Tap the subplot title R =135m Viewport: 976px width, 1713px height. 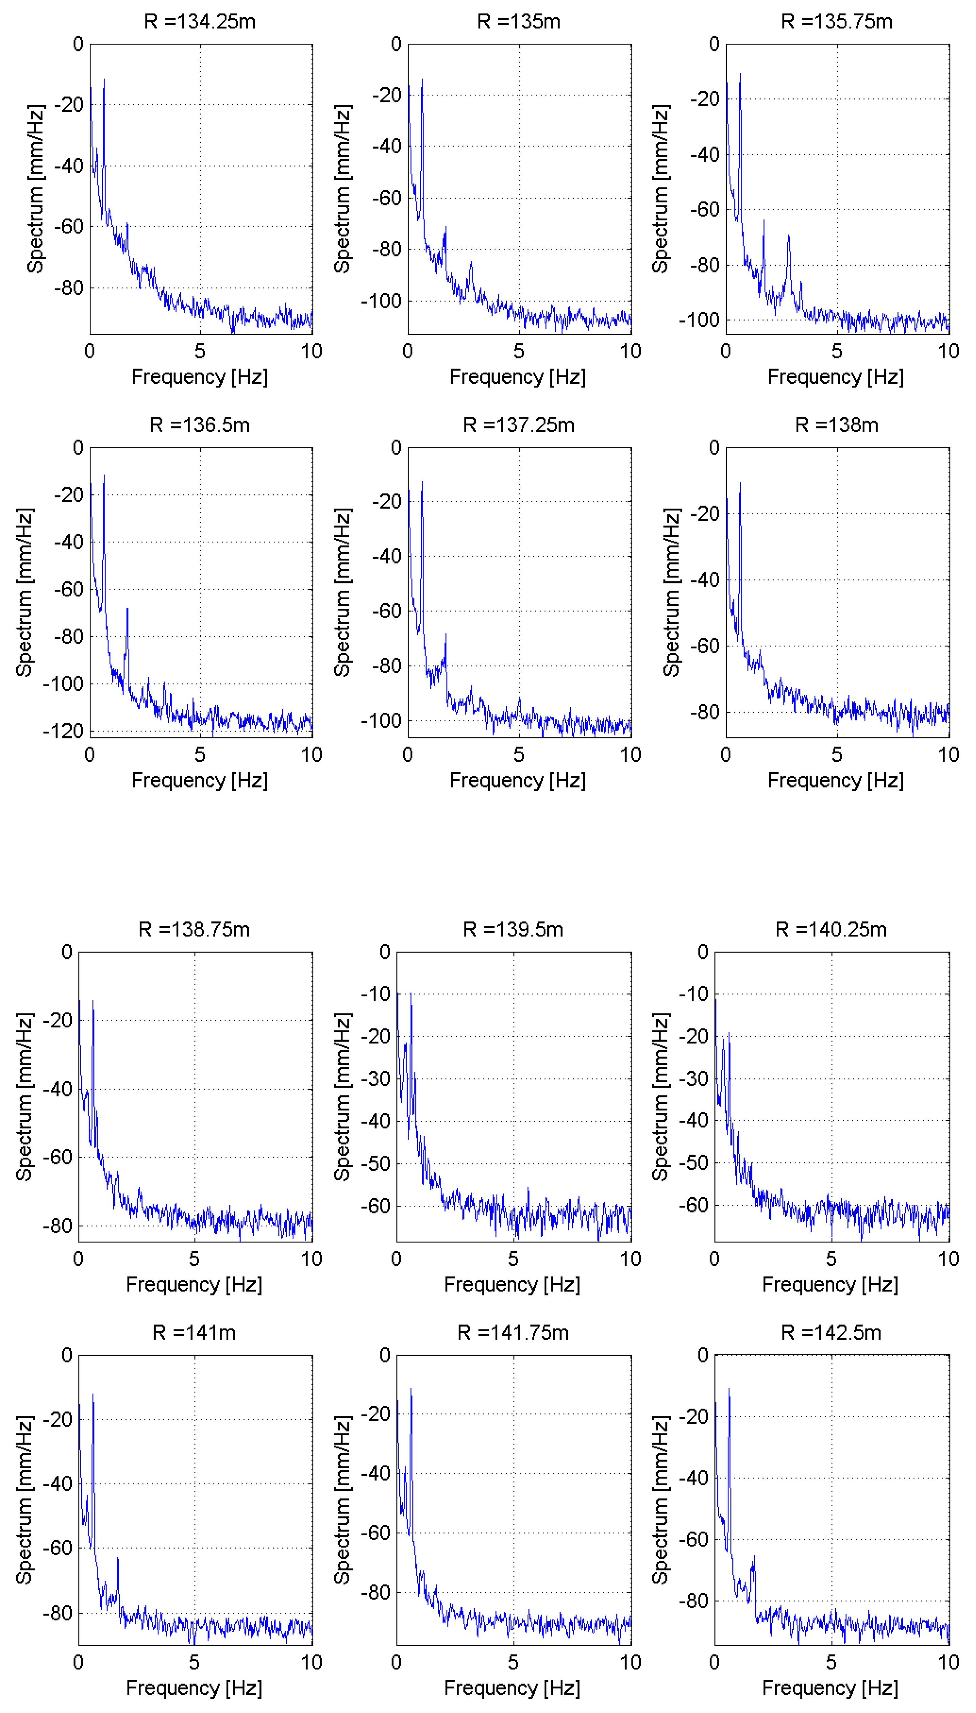pos(518,21)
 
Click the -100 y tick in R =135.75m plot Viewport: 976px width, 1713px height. pos(699,320)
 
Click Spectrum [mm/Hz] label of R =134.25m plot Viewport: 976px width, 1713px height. pos(36,189)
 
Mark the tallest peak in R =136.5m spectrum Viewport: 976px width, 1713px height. pos(104,475)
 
